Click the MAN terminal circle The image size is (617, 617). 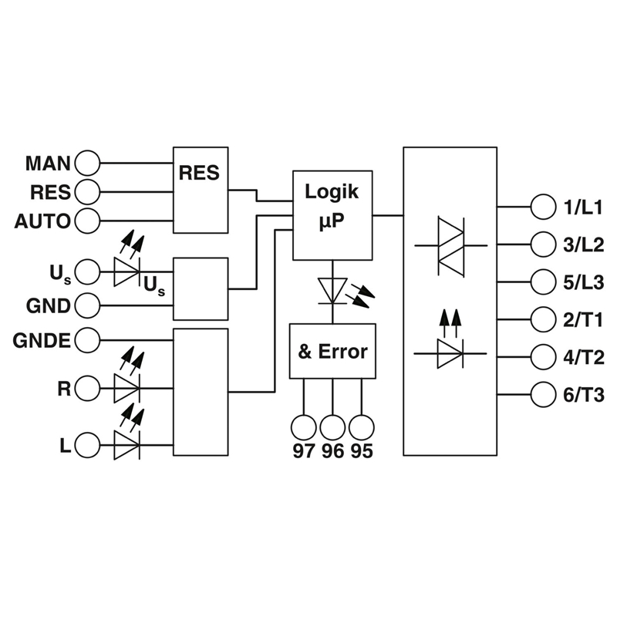87,163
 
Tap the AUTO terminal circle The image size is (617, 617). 87,221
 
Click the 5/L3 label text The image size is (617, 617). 584,282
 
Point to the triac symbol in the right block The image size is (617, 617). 451,246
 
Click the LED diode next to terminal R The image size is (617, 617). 126,389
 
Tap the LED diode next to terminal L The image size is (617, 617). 126,445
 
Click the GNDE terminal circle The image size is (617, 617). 87,339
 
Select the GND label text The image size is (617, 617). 49,305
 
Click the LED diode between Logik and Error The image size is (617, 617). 332,291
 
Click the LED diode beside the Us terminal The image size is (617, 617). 126,272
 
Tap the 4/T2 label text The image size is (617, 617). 584,358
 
